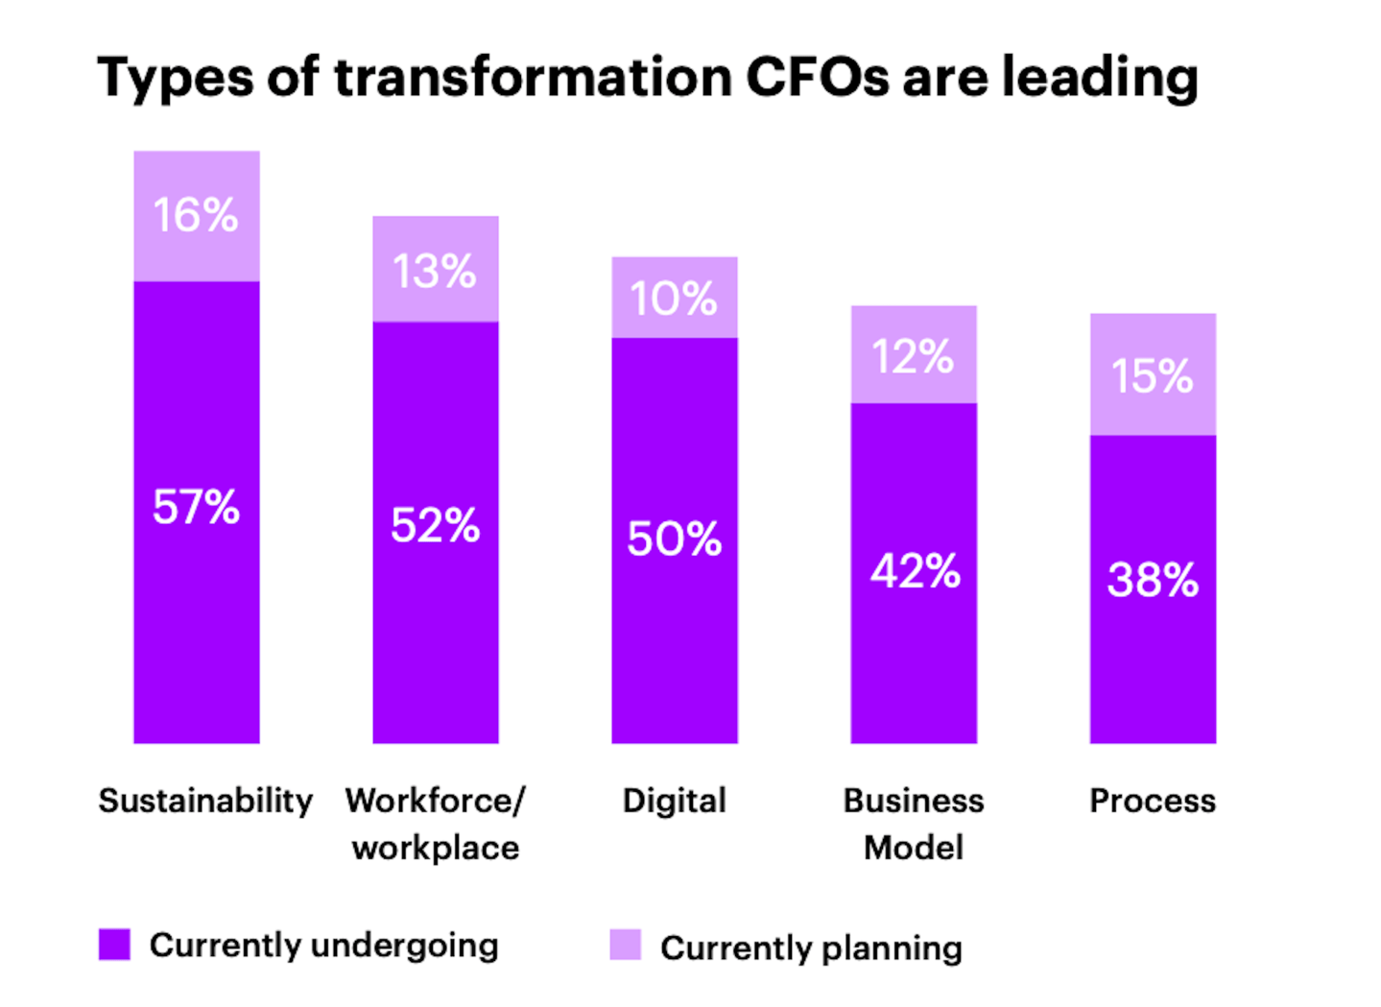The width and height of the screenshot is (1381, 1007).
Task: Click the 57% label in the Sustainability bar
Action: point(196,507)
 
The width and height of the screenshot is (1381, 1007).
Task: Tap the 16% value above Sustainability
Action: point(196,215)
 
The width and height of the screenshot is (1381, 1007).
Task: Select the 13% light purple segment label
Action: point(435,272)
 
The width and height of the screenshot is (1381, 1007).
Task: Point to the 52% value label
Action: point(435,526)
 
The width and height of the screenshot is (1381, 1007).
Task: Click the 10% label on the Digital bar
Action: point(674,299)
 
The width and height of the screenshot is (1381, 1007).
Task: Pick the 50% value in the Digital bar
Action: point(674,539)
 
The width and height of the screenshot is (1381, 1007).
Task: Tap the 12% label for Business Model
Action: point(913,357)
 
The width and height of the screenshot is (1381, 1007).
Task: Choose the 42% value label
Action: point(915,571)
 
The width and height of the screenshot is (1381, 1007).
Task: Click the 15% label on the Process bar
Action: point(1152,375)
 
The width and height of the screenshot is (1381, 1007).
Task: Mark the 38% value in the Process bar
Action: point(1153,580)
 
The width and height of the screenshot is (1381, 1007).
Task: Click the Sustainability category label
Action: point(205,801)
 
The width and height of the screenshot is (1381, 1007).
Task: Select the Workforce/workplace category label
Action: point(435,824)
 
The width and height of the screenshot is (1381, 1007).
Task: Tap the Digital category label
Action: point(674,801)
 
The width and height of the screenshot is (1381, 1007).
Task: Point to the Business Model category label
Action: point(913,824)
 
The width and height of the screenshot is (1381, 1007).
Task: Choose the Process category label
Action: point(1152,801)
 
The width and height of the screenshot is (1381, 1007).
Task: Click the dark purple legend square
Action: point(114,945)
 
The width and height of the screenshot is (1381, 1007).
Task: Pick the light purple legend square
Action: point(625,945)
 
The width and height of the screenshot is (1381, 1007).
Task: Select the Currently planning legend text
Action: point(811,948)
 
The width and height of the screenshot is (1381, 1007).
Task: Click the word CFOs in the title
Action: point(818,77)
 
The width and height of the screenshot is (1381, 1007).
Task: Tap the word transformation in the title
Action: point(533,77)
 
